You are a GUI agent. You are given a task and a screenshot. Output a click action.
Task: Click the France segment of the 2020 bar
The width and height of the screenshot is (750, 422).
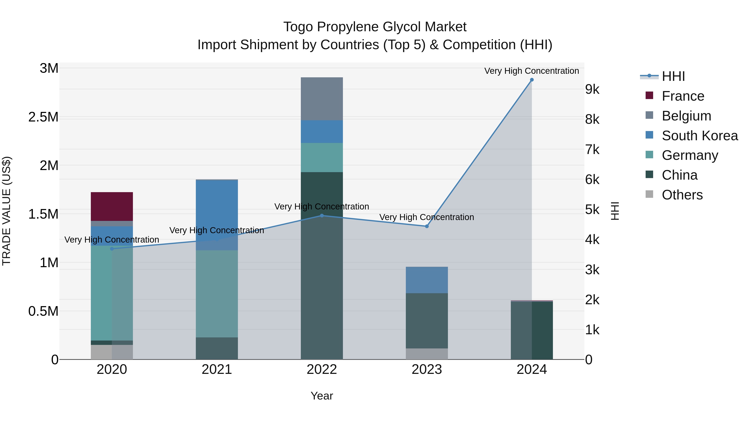click(x=112, y=207)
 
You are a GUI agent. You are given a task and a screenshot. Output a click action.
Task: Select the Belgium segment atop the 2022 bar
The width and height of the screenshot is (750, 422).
click(x=322, y=99)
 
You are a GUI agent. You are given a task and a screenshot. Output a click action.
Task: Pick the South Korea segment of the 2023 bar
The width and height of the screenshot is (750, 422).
click(x=427, y=280)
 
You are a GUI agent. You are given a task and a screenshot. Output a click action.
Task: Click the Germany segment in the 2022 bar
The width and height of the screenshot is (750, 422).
click(x=322, y=158)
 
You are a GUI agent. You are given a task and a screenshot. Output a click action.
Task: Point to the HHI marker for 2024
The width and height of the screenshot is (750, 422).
click(x=532, y=80)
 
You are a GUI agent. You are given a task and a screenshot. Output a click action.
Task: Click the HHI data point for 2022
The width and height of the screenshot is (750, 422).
click(x=322, y=216)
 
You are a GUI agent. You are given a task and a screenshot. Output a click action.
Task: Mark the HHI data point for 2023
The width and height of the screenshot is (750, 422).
click(x=427, y=226)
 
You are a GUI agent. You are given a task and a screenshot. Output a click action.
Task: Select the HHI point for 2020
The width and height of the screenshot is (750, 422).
click(x=112, y=249)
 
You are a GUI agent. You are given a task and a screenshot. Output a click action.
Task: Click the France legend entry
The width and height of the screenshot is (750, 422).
click(x=683, y=96)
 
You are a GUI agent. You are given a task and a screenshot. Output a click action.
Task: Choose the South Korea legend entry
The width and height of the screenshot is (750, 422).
click(x=700, y=136)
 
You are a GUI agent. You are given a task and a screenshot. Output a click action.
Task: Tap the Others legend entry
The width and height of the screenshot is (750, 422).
click(x=682, y=195)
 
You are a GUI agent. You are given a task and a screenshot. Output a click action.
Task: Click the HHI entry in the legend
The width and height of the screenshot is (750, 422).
click(x=673, y=76)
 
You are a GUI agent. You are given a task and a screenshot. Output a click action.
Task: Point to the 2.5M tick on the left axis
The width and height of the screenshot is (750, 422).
click(x=43, y=117)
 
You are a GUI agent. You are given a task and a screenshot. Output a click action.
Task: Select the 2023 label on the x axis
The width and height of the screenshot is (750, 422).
click(x=427, y=369)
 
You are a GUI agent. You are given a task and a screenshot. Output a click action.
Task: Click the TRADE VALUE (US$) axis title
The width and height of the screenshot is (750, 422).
click(x=6, y=211)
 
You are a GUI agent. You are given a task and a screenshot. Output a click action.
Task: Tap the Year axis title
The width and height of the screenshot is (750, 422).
click(x=322, y=396)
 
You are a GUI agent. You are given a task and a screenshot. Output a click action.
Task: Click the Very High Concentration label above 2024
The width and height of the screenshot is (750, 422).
click(x=532, y=71)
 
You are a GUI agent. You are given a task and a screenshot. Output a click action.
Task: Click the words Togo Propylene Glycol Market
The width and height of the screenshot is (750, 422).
click(x=375, y=27)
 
